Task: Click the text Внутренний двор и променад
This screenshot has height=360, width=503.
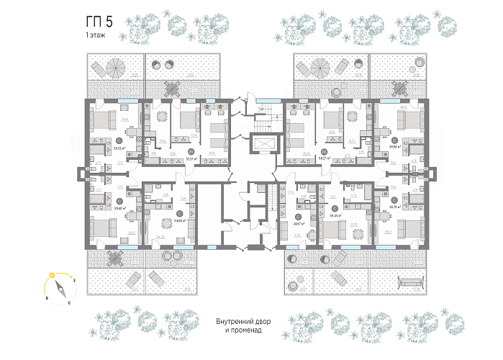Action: [248, 325]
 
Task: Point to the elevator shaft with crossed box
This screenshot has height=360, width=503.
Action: [262, 144]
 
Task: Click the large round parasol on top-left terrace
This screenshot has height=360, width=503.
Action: [115, 68]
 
